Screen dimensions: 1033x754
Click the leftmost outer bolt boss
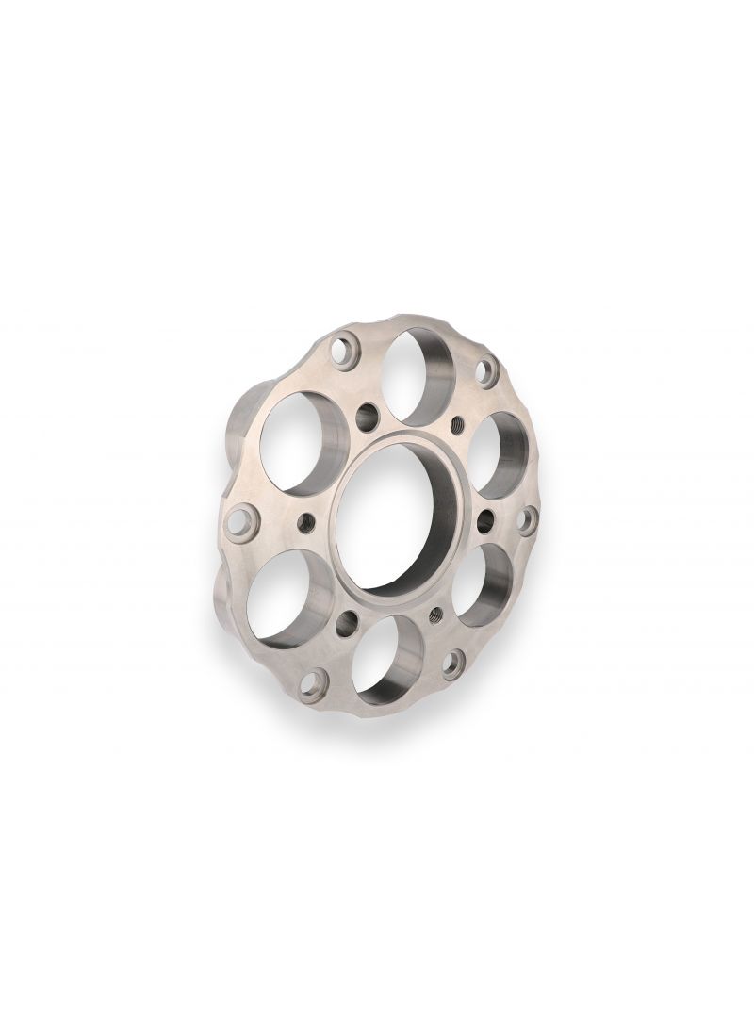[242, 521]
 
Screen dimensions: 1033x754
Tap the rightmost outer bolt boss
[528, 519]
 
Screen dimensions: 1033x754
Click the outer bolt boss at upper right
[486, 370]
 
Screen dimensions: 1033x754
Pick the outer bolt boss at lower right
[453, 663]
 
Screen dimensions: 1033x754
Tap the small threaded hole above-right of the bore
[459, 424]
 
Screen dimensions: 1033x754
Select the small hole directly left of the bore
[304, 521]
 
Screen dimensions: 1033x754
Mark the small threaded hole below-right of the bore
[436, 616]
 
